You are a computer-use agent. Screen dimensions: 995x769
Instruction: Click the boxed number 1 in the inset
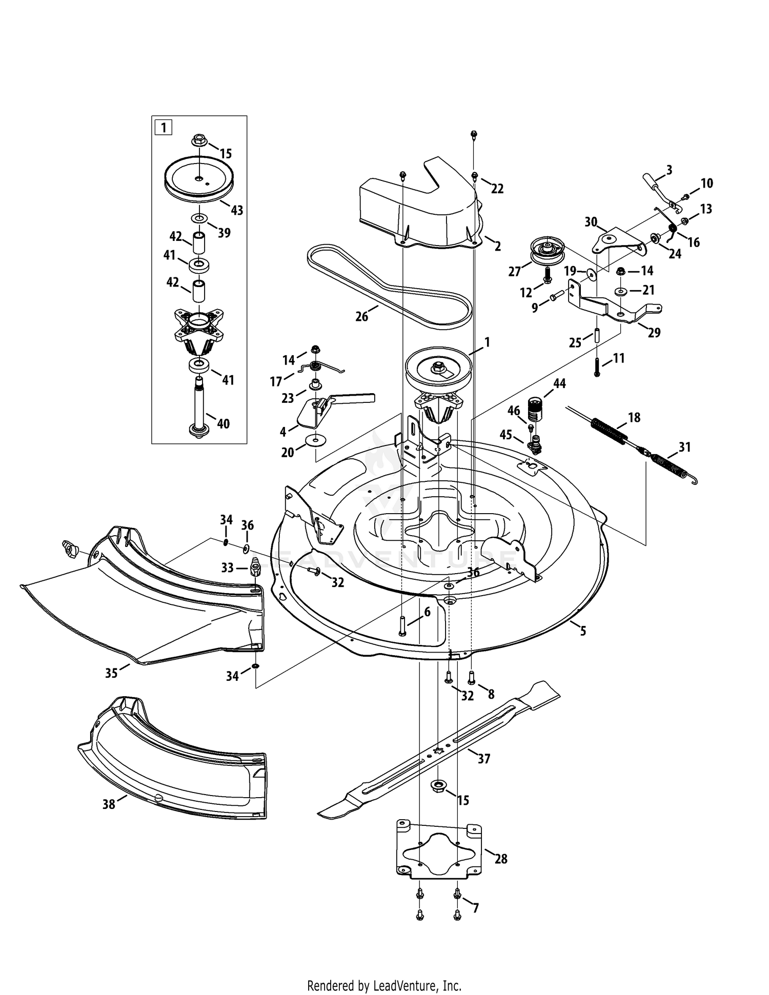164,127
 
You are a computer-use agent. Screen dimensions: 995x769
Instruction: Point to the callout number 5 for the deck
583,631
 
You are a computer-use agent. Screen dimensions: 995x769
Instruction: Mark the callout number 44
559,383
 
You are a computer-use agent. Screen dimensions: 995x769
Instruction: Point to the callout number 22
497,189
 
